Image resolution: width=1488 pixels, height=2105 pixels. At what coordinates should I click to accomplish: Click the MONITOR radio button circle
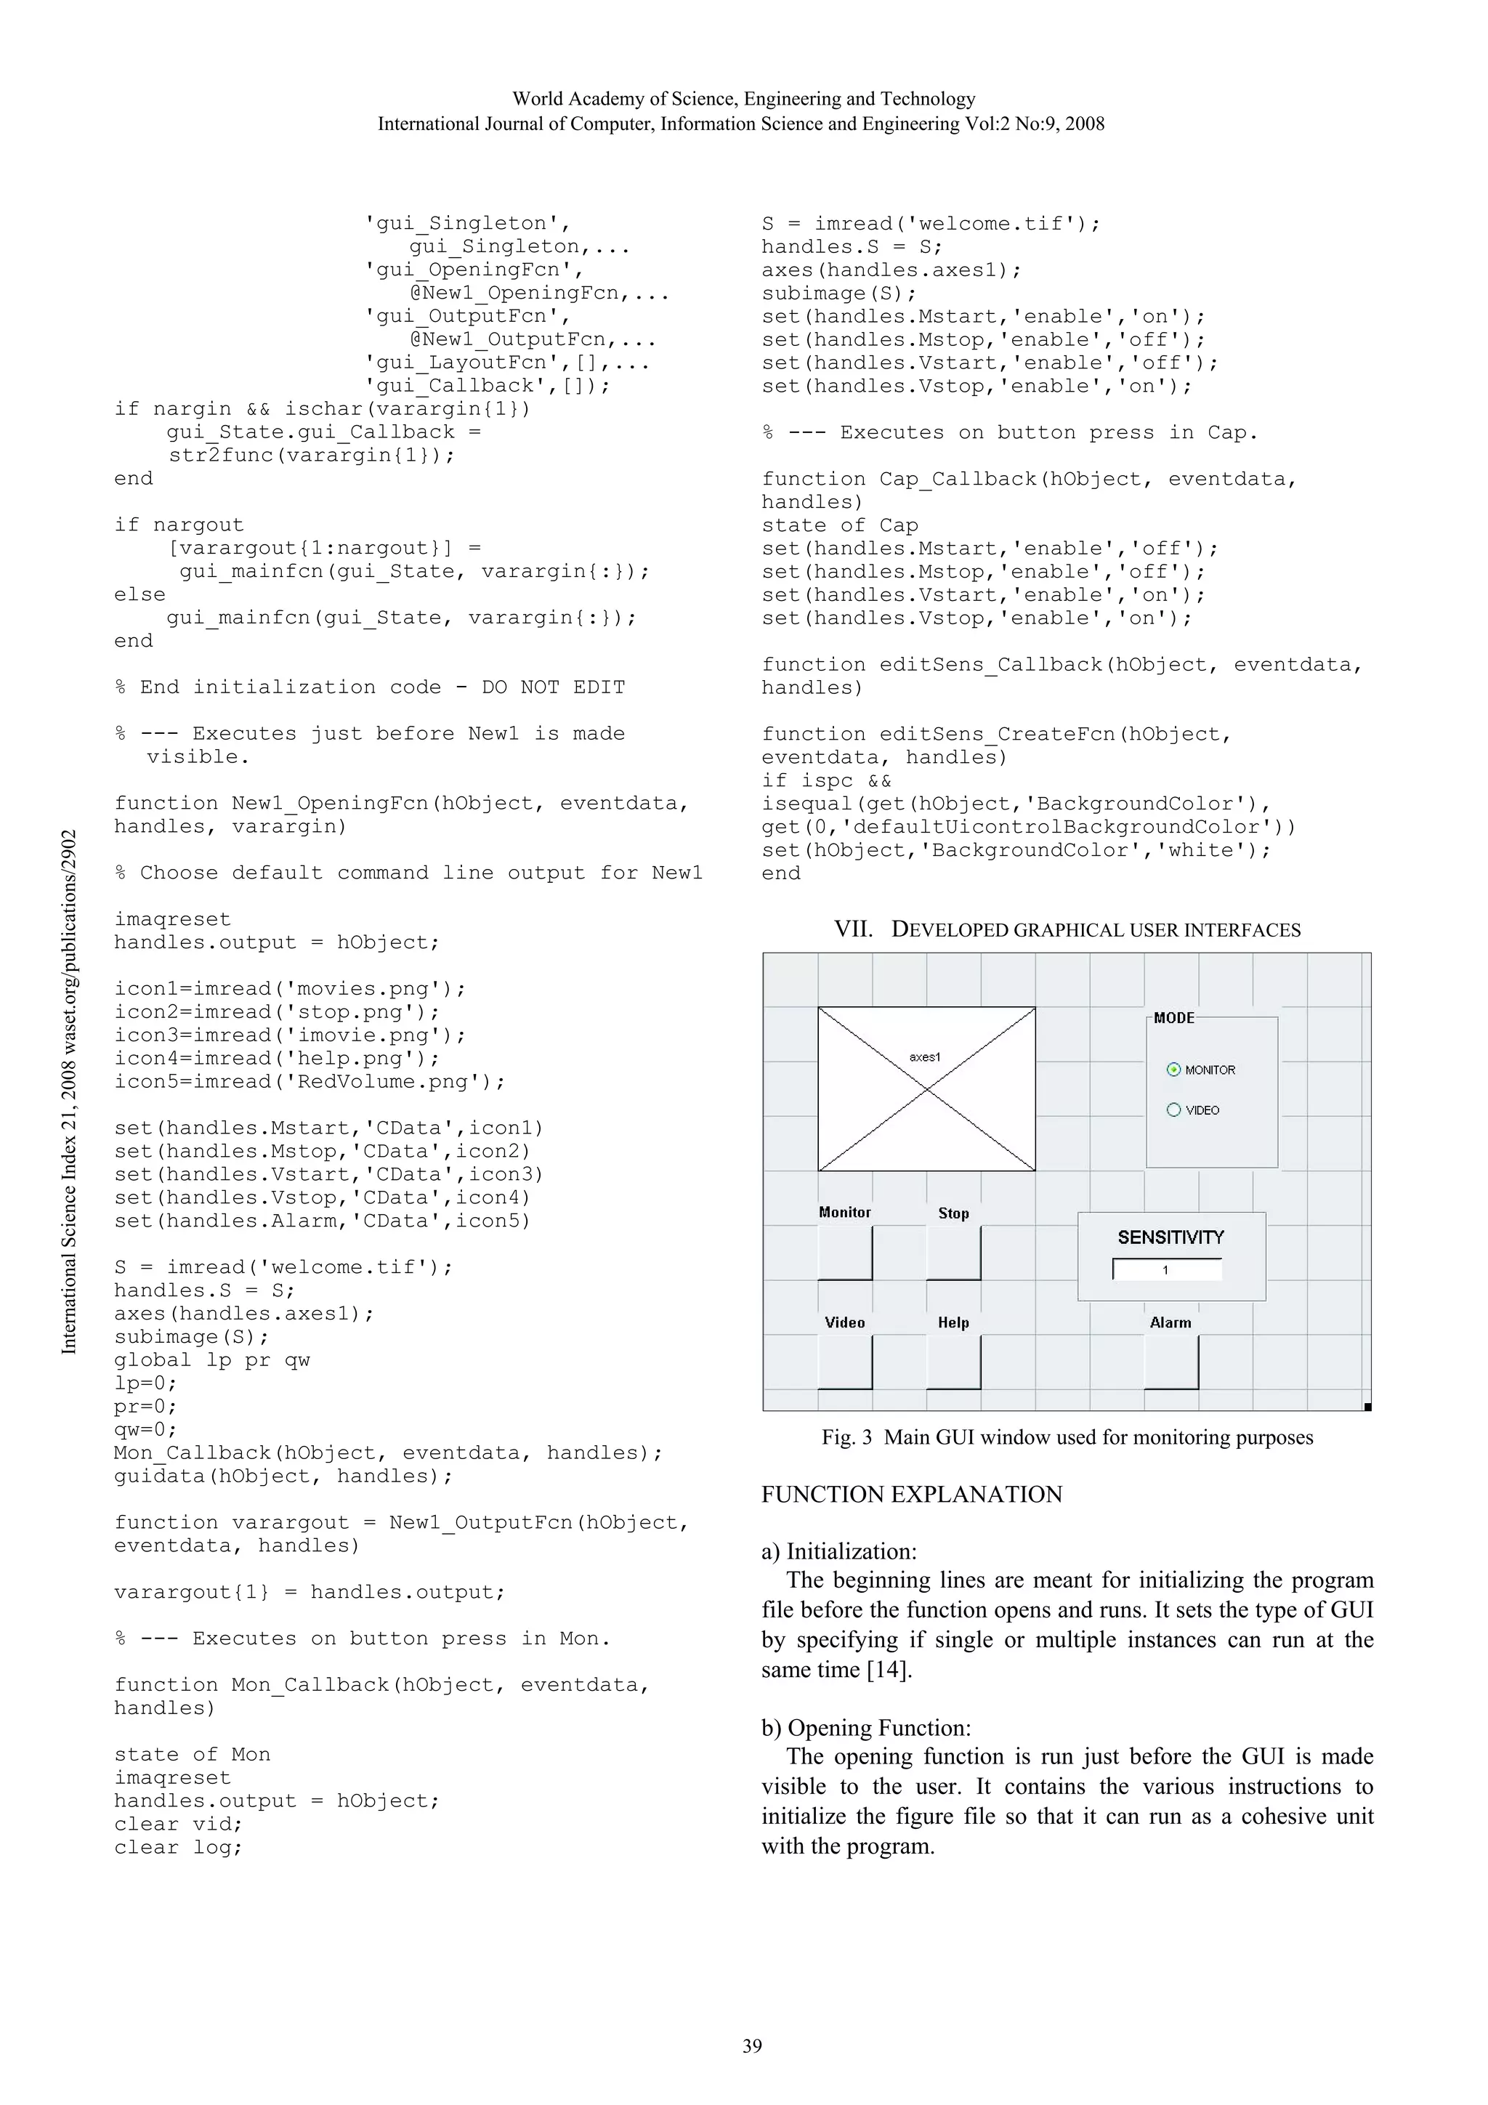[x=1173, y=1070]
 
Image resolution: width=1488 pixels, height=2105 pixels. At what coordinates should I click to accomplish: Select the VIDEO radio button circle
[x=1173, y=1110]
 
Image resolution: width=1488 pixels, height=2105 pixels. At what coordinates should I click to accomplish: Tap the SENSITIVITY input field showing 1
[x=1166, y=1270]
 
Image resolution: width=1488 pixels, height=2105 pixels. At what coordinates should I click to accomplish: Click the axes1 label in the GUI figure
[x=924, y=1057]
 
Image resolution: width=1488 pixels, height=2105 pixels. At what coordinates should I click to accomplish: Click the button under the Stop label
[x=953, y=1253]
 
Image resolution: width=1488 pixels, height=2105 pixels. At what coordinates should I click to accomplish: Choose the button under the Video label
[x=844, y=1362]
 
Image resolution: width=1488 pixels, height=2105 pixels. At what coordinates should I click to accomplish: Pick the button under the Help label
[x=953, y=1362]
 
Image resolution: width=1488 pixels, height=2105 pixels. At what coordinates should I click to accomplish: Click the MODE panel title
[x=1173, y=1018]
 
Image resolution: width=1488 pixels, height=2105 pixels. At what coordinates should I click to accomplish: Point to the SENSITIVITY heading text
[x=1170, y=1237]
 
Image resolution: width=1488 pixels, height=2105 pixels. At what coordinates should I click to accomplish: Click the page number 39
[x=752, y=2046]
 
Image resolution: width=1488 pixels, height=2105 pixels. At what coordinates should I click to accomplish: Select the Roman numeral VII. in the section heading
[x=853, y=929]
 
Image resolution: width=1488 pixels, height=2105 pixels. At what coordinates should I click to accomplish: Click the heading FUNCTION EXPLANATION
[x=911, y=1495]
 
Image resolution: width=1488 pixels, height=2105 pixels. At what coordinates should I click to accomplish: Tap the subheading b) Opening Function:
[x=865, y=1727]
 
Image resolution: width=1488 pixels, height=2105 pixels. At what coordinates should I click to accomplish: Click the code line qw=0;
[x=145, y=1429]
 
